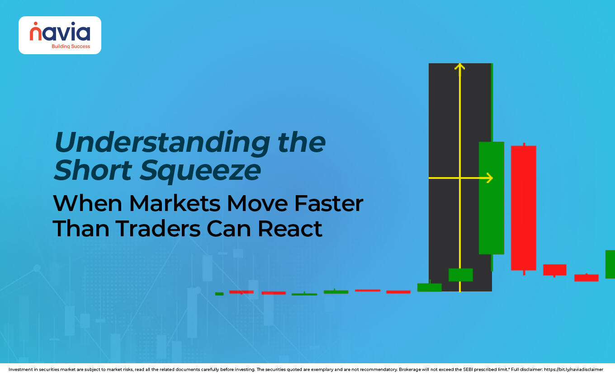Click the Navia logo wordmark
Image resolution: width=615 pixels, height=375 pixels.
pyautogui.click(x=60, y=33)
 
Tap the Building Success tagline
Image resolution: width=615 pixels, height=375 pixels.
pyautogui.click(x=71, y=47)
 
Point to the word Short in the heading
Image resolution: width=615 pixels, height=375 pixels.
pyautogui.click(x=93, y=171)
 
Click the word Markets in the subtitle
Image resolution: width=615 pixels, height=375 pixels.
pyautogui.click(x=176, y=204)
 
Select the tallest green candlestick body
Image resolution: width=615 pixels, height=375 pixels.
pyautogui.click(x=492, y=198)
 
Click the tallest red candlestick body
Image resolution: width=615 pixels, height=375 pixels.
pyautogui.click(x=524, y=208)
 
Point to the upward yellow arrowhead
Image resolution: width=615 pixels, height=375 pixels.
pyautogui.click(x=459, y=67)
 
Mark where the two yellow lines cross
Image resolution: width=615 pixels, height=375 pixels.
pyautogui.click(x=459, y=178)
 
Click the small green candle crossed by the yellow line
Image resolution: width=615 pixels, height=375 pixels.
pyautogui.click(x=460, y=275)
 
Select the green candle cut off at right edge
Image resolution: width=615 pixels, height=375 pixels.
pyautogui.click(x=610, y=264)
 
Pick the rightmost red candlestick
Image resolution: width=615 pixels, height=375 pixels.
pyautogui.click(x=586, y=278)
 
